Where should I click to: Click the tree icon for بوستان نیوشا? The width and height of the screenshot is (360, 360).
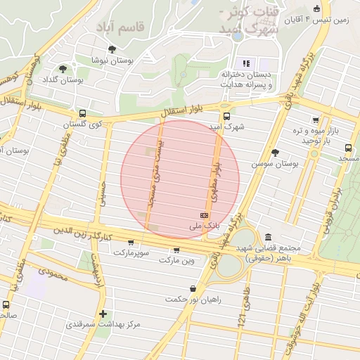pos(112,49)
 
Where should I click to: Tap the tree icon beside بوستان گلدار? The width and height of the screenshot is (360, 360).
pos(63,69)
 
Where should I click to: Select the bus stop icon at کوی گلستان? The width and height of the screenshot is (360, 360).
pos(82,113)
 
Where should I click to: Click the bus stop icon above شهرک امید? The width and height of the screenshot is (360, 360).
pos(226,117)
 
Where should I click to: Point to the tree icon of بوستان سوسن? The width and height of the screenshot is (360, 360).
pos(275,153)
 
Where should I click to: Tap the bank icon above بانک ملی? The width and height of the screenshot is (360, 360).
pos(205,215)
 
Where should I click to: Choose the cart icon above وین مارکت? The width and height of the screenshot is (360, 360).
pos(176,250)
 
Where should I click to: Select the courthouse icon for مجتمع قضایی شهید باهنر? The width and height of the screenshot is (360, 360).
pos(268,238)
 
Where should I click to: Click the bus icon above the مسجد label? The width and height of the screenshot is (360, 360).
pos(348,148)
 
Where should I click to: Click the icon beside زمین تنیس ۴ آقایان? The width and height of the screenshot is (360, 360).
pos(316,8)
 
